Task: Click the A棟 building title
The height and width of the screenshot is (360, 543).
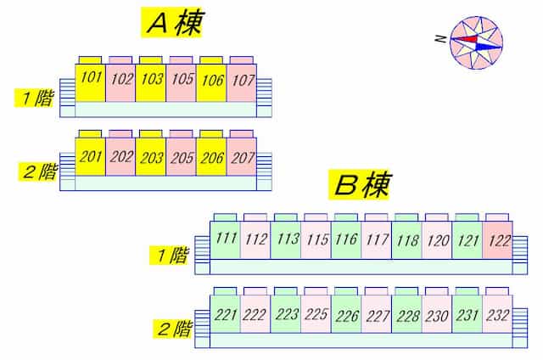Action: (171, 23)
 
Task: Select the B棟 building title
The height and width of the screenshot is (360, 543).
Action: (359, 185)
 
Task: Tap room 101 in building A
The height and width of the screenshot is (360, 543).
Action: (91, 83)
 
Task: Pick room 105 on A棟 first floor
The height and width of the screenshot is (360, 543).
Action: (181, 83)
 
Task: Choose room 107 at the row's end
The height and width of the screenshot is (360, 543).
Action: (242, 83)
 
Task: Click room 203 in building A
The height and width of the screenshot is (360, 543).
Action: (151, 157)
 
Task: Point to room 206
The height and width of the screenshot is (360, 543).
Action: (211, 157)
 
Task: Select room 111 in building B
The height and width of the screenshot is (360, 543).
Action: (225, 240)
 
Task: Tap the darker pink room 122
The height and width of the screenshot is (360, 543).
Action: (497, 240)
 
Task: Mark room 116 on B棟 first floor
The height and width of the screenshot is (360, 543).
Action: (346, 240)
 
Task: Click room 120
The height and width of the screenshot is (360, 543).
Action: (437, 240)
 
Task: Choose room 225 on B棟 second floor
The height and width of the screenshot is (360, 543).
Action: (316, 314)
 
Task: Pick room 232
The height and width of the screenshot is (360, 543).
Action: (497, 314)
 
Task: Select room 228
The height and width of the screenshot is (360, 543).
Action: (406, 314)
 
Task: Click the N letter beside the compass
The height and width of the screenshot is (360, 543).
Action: (440, 38)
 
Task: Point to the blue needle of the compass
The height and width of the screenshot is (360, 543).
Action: (489, 46)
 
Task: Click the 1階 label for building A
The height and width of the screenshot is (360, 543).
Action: (35, 98)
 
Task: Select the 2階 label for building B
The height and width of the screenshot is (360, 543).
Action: (173, 329)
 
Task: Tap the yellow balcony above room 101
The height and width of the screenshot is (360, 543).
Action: (90, 60)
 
